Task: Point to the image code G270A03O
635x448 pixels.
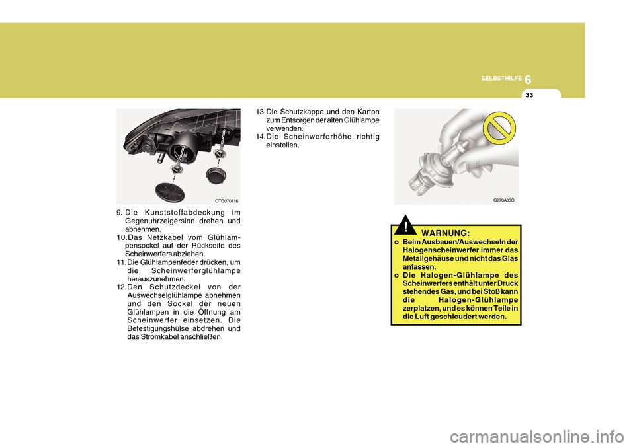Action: click(504, 199)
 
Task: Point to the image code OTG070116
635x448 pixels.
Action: click(226, 200)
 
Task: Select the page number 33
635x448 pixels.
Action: click(530, 96)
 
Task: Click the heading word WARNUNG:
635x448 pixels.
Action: click(445, 233)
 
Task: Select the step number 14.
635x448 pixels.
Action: click(260, 137)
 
